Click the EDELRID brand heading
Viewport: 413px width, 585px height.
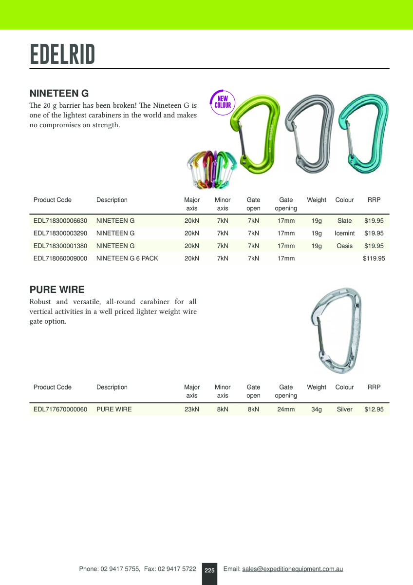(x=62, y=54)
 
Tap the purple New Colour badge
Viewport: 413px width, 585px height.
(x=223, y=102)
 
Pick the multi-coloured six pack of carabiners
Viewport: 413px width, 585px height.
(x=211, y=169)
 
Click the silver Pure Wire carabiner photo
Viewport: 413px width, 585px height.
(x=336, y=330)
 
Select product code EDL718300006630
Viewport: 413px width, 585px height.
(x=60, y=221)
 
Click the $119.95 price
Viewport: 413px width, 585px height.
(x=374, y=258)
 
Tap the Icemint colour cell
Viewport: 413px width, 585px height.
(x=344, y=234)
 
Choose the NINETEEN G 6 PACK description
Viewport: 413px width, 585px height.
(x=127, y=258)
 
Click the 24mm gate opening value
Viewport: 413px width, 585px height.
(x=286, y=409)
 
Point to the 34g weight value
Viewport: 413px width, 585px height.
(x=317, y=409)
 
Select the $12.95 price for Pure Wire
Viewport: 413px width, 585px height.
(x=374, y=409)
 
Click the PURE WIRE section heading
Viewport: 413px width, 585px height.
(x=57, y=290)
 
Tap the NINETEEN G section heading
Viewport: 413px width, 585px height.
(x=59, y=93)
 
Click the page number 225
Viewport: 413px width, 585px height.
(x=209, y=570)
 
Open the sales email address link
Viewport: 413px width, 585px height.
(x=292, y=569)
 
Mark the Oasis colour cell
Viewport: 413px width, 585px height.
(x=344, y=246)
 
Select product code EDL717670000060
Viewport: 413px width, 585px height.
(x=60, y=409)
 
